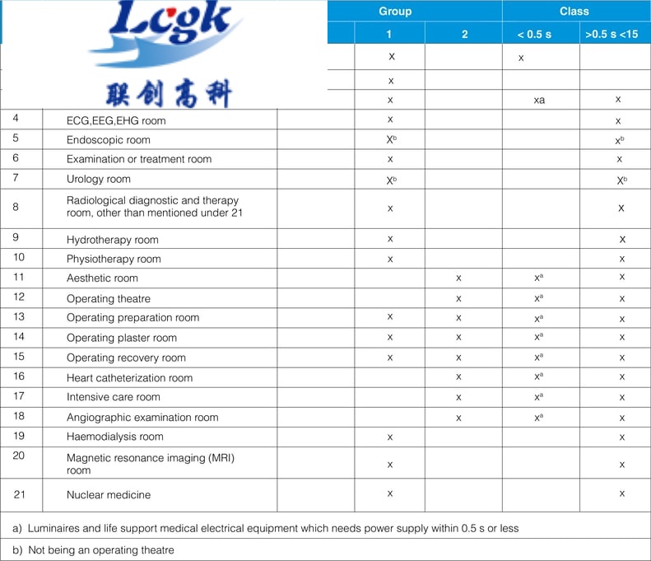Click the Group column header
[395, 12]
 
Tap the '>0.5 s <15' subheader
[615, 35]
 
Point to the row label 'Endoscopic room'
[109, 140]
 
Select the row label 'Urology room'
[98, 180]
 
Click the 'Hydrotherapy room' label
[112, 240]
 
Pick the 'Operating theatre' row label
[109, 298]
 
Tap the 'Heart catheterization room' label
[129, 378]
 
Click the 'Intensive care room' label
[114, 397]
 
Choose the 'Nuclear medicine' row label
[108, 495]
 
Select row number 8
[16, 207]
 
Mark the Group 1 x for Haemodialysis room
[390, 437]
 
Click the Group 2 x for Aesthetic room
[458, 278]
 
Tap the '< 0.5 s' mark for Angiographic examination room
[539, 418]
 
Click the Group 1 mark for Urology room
[391, 180]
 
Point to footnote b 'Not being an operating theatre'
[93, 550]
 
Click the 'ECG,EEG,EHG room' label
[116, 120]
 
